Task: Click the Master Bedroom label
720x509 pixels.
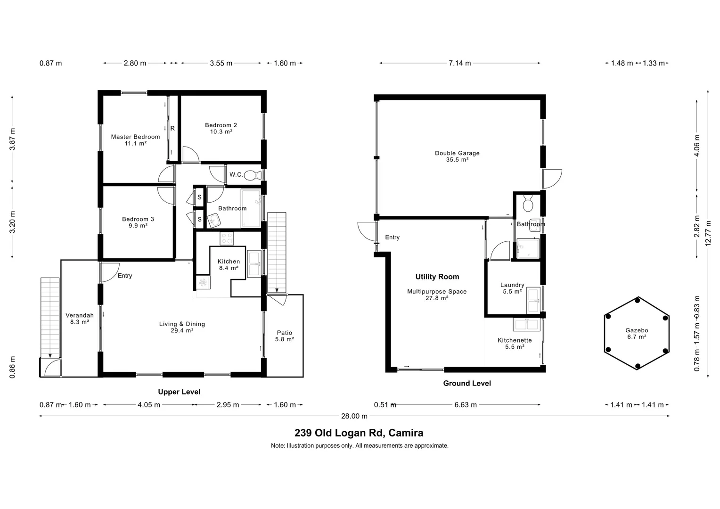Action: coord(135,137)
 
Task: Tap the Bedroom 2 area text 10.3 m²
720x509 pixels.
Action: coord(221,132)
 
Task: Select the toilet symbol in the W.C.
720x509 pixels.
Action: coord(253,175)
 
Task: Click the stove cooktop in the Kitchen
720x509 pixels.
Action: coord(227,239)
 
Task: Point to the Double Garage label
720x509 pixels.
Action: coord(457,153)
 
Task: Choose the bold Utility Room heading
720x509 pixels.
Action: coord(437,277)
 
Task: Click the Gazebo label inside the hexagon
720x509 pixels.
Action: coord(637,330)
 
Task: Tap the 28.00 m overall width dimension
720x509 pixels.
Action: coord(354,416)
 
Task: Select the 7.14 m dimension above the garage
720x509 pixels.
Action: coord(459,63)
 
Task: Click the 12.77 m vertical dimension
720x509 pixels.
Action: coord(707,233)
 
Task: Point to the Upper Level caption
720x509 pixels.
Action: coord(179,392)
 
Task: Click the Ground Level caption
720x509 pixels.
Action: coord(467,383)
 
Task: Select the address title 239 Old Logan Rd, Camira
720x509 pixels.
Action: coord(359,433)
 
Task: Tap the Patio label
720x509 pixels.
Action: coord(285,333)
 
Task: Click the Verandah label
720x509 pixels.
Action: coord(80,315)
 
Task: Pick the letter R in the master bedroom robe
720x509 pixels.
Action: coord(172,128)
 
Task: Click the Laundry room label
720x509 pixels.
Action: coord(512,285)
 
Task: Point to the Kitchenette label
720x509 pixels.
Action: coord(515,340)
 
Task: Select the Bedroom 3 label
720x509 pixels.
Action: coord(138,219)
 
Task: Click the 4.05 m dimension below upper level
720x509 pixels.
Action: coord(149,405)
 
